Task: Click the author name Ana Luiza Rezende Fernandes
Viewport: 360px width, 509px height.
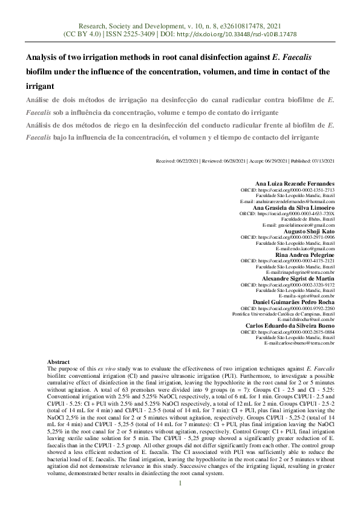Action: [295, 183]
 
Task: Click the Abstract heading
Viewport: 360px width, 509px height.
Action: [59, 360]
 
